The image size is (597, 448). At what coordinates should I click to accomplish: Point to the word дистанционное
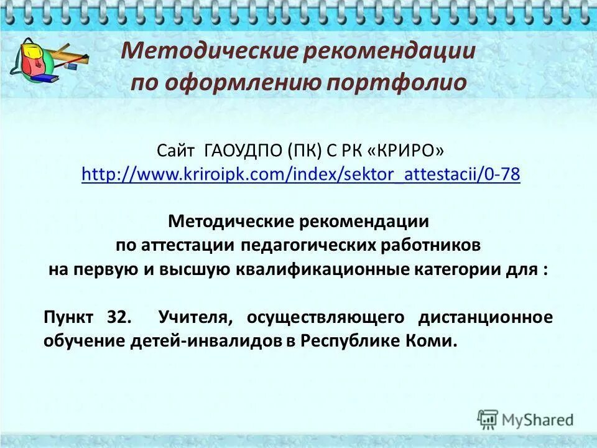[485, 317]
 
